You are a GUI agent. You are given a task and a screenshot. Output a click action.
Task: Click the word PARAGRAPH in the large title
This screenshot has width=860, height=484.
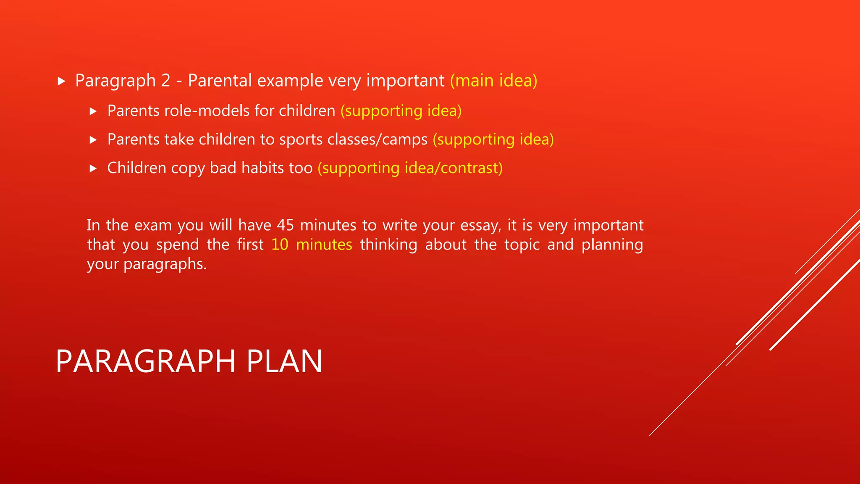[x=145, y=361]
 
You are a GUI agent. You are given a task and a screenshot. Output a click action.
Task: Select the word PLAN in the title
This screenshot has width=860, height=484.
[x=284, y=361]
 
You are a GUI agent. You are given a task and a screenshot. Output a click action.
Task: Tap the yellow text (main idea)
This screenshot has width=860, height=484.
[x=493, y=81]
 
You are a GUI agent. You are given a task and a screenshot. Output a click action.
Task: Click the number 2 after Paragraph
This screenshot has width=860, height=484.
[x=165, y=81]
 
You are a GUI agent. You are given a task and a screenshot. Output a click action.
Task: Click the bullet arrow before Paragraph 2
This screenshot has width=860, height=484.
[x=62, y=81]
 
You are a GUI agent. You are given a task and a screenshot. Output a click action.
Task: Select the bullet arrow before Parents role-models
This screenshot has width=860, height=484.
[x=93, y=111]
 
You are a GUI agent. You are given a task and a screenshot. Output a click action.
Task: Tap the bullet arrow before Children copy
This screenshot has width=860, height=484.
[x=93, y=168]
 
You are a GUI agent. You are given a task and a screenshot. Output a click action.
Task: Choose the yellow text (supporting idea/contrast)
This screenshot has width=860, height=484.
[x=410, y=168]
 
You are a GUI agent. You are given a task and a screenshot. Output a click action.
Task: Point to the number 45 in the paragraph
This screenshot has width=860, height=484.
[x=285, y=226]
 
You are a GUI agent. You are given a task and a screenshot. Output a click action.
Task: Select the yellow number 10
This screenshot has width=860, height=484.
[x=280, y=245]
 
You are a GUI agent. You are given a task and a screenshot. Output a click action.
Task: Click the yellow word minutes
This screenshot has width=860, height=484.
[x=324, y=245]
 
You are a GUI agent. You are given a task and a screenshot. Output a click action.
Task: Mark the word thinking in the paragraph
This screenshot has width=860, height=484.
[x=388, y=245]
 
